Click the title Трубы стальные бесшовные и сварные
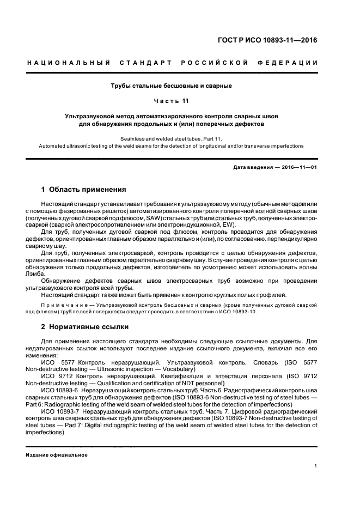pyautogui.click(x=172, y=86)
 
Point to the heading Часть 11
pyautogui.click(x=172, y=101)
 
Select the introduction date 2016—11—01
pyautogui.click(x=298, y=167)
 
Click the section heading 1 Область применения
pyautogui.click(x=84, y=190)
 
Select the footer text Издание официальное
pyautogui.click(x=57, y=455)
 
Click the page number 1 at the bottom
pyautogui.click(x=316, y=466)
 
